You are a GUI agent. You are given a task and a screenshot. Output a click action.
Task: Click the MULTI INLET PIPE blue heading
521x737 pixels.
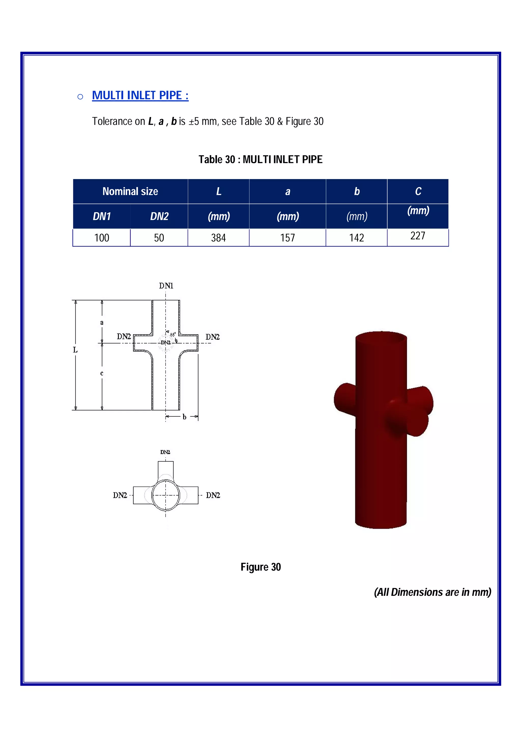pyautogui.click(x=140, y=95)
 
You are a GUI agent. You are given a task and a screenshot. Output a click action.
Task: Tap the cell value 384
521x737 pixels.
pyautogui.click(x=218, y=238)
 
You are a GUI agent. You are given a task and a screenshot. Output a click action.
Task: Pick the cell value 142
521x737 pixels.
pyautogui.click(x=356, y=238)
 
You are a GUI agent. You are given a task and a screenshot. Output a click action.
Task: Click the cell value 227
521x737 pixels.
pyautogui.click(x=418, y=236)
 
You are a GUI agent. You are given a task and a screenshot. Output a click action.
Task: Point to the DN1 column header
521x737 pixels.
pyautogui.click(x=102, y=216)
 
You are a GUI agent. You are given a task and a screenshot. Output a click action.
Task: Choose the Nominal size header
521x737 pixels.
pyautogui.click(x=130, y=191)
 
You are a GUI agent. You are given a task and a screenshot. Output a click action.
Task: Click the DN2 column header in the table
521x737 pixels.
pyautogui.click(x=159, y=216)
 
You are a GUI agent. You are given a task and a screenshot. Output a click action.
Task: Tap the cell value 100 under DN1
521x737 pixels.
pyautogui.click(x=102, y=238)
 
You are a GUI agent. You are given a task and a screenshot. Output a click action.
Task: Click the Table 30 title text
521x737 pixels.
pyautogui.click(x=260, y=159)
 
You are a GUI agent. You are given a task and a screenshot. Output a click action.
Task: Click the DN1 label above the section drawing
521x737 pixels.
pyautogui.click(x=166, y=286)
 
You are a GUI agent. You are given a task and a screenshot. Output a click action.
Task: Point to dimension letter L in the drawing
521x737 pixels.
pyautogui.click(x=75, y=350)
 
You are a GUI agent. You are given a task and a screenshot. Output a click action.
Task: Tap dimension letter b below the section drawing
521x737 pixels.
pyautogui.click(x=184, y=417)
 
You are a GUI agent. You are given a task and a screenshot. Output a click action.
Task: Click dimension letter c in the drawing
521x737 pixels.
pyautogui.click(x=102, y=373)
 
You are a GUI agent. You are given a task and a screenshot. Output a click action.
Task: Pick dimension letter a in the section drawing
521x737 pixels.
pyautogui.click(x=102, y=323)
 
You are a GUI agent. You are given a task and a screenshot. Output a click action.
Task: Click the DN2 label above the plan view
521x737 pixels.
pyautogui.click(x=165, y=452)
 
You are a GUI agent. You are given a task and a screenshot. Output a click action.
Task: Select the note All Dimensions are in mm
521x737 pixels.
pyautogui.click(x=432, y=592)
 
